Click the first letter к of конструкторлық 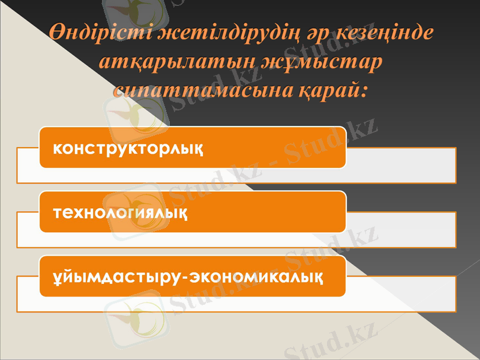click(x=57, y=148)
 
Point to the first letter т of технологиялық click(x=57, y=213)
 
